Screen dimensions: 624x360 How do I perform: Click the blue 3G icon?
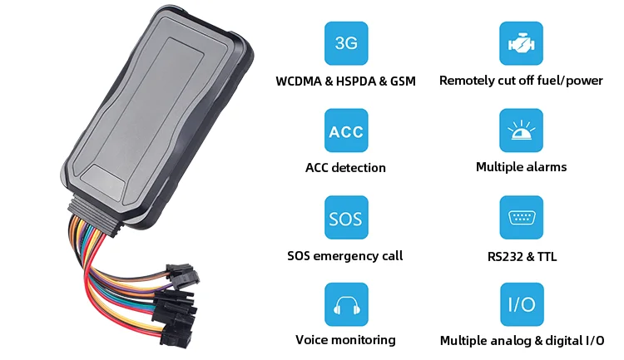tap(346, 44)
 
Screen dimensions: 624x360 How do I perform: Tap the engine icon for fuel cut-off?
tap(521, 44)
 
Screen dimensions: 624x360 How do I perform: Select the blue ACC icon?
tap(346, 131)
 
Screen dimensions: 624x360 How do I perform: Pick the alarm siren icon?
tap(521, 131)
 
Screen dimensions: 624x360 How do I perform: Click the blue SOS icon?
tap(346, 218)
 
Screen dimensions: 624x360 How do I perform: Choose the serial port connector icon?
tap(521, 218)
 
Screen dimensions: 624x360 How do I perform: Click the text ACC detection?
tap(345, 168)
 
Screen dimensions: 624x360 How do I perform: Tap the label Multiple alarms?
tap(521, 167)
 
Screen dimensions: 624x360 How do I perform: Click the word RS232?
tap(507, 256)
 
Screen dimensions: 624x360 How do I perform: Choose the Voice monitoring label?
tap(345, 340)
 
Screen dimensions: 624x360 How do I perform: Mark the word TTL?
tap(547, 256)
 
